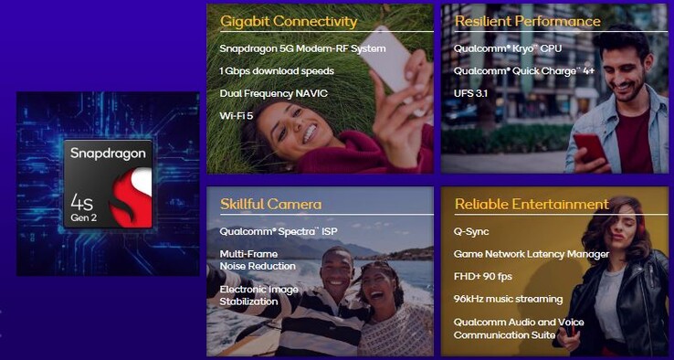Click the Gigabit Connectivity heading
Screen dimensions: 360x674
pos(289,21)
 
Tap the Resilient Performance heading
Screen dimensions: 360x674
pos(527,21)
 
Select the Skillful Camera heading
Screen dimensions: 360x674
pos(270,204)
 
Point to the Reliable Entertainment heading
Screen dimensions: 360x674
pos(531,204)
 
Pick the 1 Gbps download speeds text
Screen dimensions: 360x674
pos(277,71)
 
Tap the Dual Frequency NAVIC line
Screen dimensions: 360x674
pos(274,93)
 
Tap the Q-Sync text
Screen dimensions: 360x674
pos(471,231)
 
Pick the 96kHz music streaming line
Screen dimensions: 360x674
pos(508,299)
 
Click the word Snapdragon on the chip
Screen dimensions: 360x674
pos(108,154)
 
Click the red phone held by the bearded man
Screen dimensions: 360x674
pos(589,149)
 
